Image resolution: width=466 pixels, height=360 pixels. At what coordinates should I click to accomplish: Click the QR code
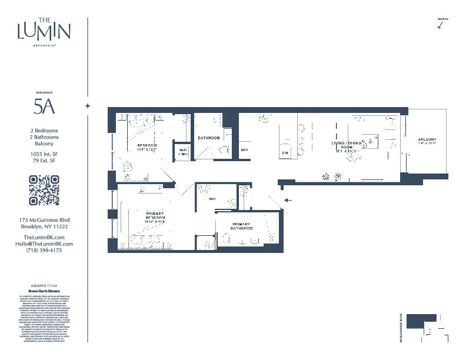coord(44,191)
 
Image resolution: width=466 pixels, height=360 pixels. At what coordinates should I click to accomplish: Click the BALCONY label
coord(427,139)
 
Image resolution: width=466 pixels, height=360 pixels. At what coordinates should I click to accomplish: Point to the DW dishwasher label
coord(285,153)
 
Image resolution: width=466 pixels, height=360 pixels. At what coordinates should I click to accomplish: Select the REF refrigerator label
coord(244,150)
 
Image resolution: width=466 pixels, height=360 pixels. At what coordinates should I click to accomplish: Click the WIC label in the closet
coord(212,199)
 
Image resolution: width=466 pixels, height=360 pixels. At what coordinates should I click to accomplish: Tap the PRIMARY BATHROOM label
coord(241,227)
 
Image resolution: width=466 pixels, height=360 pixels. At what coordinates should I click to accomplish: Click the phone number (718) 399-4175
coord(44,250)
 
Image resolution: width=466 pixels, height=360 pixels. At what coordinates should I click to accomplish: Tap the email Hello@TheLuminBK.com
coord(44,244)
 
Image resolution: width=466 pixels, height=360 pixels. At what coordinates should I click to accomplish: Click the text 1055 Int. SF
coord(44,154)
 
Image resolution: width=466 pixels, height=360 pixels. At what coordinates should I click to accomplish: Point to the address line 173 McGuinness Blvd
coord(44,220)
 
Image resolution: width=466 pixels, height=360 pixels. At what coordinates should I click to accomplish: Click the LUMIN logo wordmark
coord(44,30)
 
